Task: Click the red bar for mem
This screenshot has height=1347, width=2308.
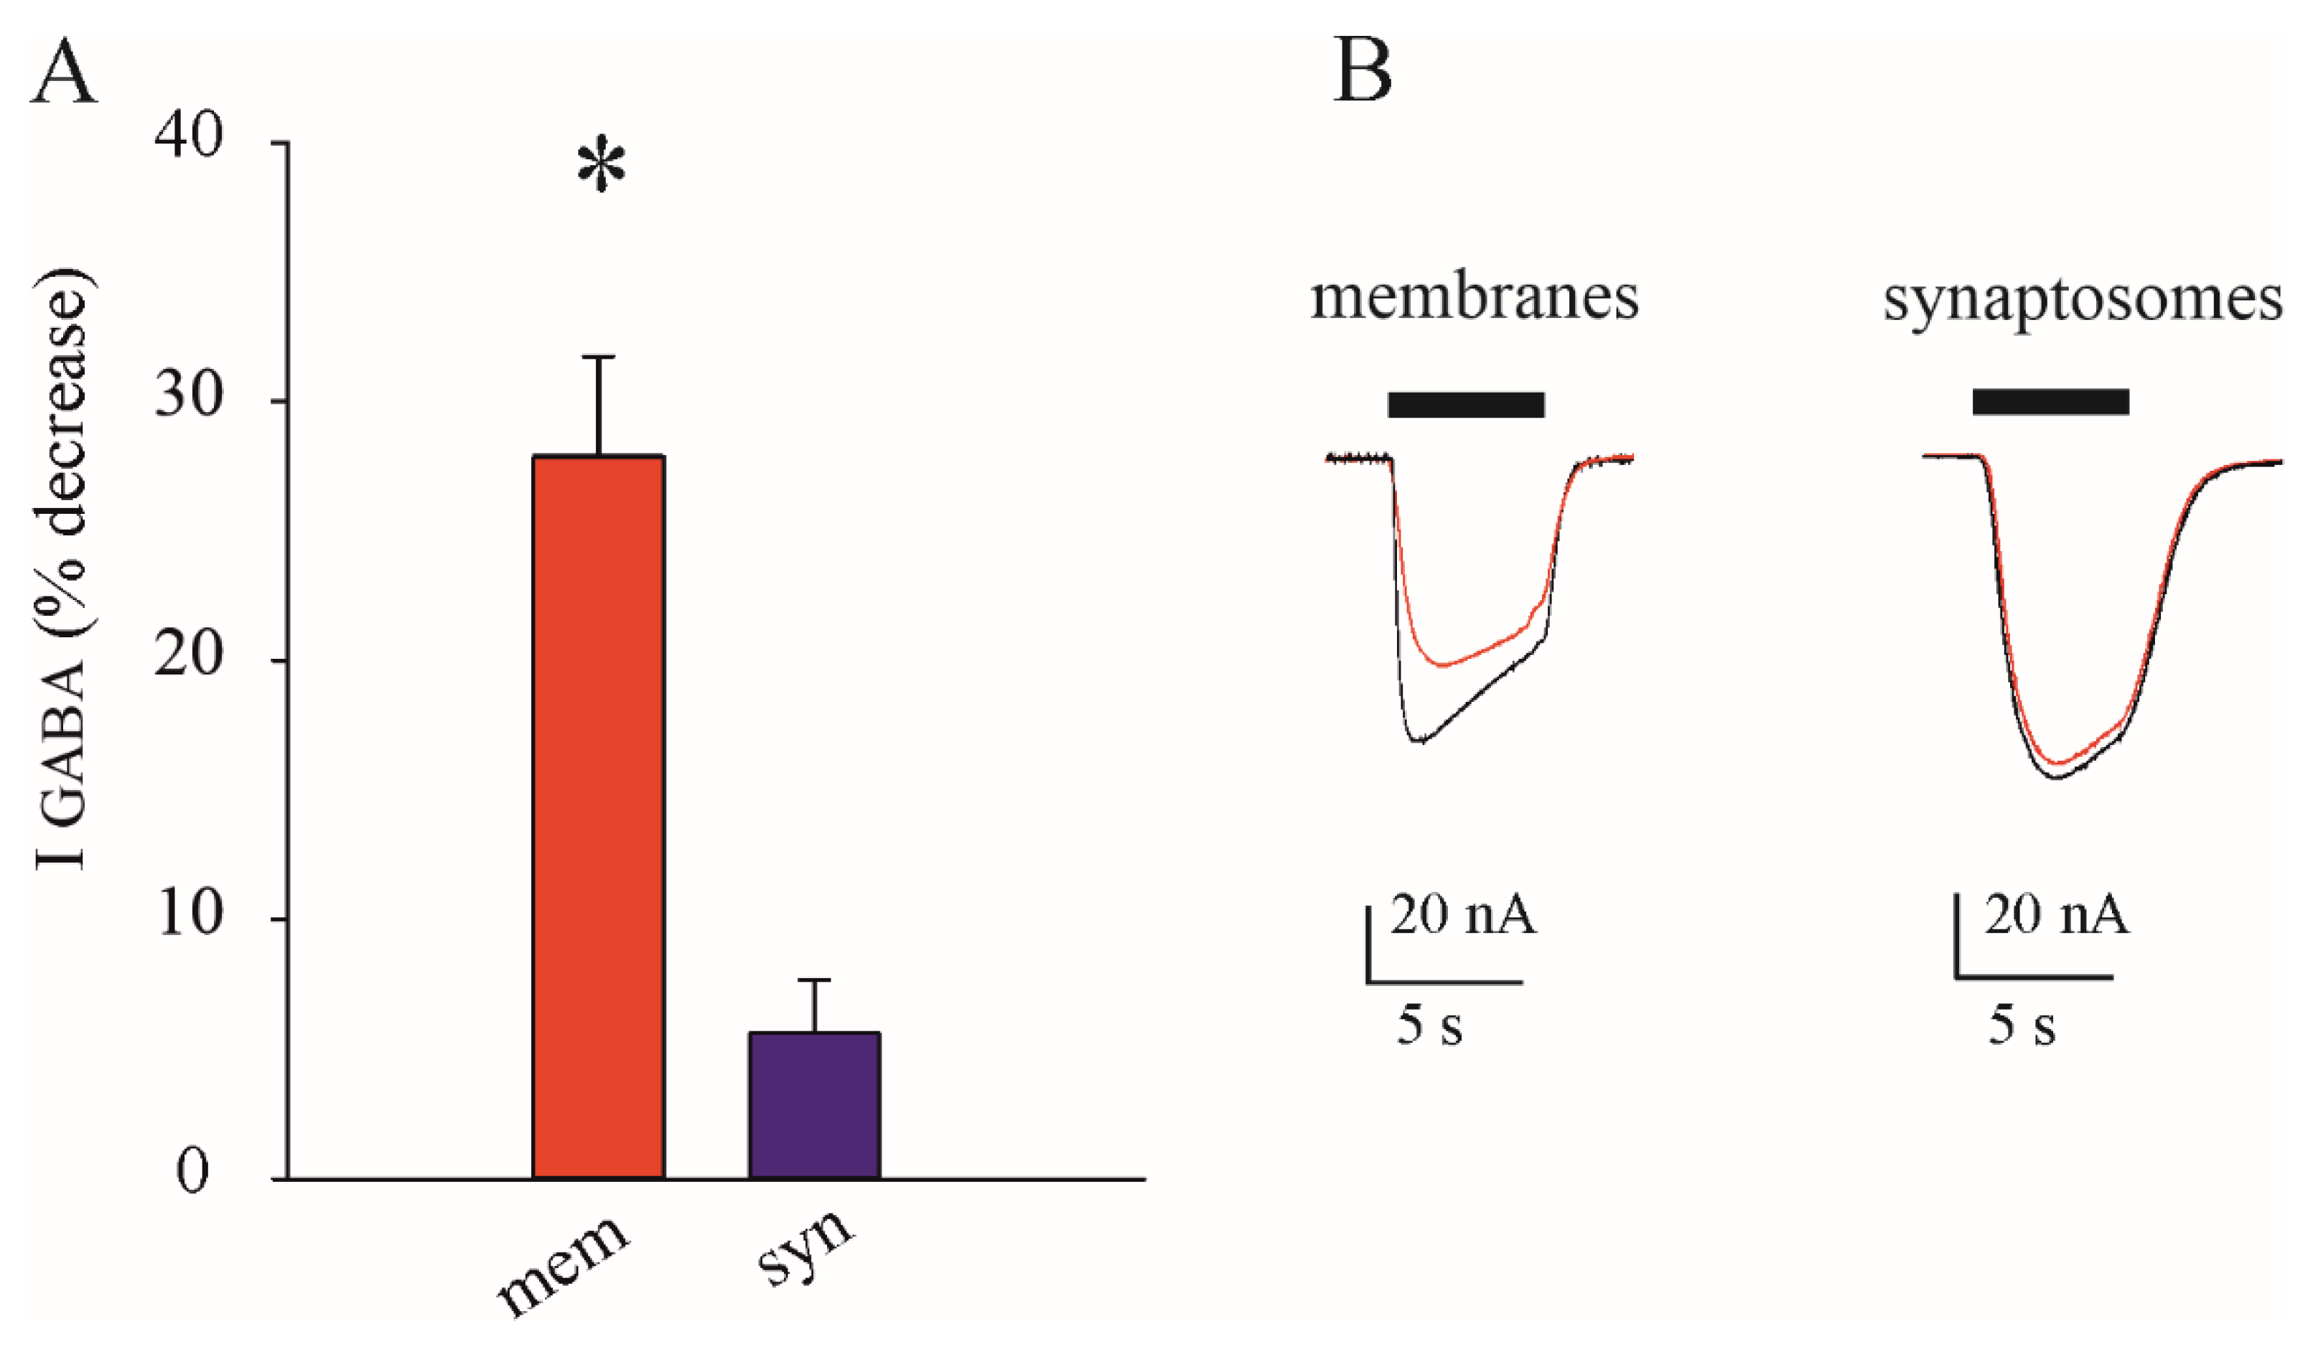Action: (x=598, y=816)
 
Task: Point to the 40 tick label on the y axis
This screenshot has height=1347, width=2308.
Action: (x=189, y=140)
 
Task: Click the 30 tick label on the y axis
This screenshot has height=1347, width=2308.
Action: (x=189, y=399)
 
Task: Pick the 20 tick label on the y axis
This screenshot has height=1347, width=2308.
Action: (x=189, y=658)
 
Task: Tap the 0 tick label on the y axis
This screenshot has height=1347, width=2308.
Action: (x=192, y=1175)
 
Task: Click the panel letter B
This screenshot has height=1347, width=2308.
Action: (x=1362, y=72)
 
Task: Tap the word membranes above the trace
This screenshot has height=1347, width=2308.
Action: (x=1474, y=298)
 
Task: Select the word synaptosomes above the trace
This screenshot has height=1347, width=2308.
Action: (x=2082, y=299)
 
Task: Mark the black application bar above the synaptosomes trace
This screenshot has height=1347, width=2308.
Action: (x=2050, y=401)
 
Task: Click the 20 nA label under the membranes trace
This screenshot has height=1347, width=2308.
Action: (x=1462, y=916)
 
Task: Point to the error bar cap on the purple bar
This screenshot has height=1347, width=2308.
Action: (x=814, y=981)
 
